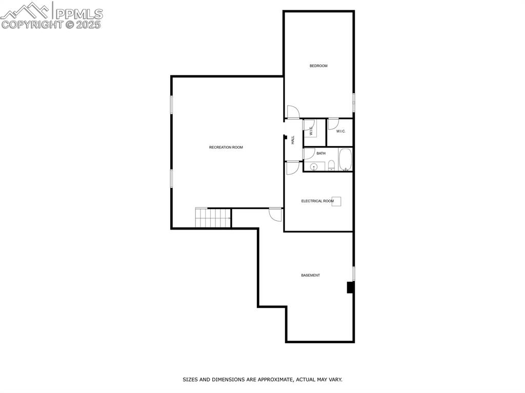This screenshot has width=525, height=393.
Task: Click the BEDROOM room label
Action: click(318, 66)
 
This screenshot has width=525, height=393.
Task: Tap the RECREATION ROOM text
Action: click(226, 148)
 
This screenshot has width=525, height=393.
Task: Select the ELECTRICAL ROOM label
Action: click(317, 201)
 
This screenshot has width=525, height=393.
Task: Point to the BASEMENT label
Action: click(310, 276)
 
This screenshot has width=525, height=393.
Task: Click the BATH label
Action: click(321, 153)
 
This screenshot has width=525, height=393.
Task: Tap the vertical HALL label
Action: click(293, 139)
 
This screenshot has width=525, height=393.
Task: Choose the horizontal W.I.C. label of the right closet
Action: click(341, 132)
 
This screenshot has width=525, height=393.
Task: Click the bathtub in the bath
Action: click(345, 159)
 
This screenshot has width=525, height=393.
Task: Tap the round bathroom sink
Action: click(313, 167)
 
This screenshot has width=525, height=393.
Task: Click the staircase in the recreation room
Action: click(213, 218)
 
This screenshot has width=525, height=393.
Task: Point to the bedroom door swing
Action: click(292, 111)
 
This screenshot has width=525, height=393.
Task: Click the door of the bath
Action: click(309, 153)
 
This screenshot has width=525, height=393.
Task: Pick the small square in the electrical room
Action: click(336, 201)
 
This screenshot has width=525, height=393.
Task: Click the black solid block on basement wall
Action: click(350, 287)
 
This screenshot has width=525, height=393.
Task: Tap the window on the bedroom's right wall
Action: click(353, 101)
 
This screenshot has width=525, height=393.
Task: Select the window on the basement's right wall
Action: click(353, 273)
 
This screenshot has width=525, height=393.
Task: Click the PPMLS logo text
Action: click(78, 13)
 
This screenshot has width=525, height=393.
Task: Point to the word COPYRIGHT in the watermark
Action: click(32, 24)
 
